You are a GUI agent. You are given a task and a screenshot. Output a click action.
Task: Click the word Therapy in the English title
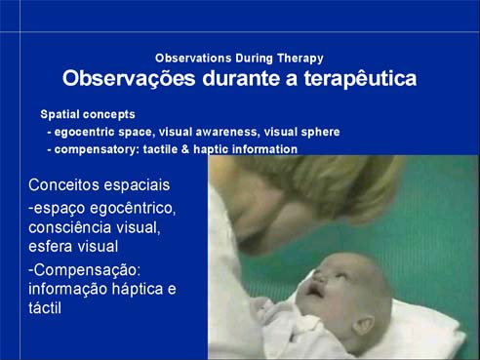coord(300,59)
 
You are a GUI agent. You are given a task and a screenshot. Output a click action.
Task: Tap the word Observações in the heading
coord(129,79)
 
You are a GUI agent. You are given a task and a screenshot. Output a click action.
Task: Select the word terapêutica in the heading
coord(360,79)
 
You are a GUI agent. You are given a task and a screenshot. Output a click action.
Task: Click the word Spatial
coord(60,114)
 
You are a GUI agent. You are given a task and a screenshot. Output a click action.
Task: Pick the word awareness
coord(227,132)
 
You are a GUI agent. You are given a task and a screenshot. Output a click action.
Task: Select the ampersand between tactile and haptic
coord(185,149)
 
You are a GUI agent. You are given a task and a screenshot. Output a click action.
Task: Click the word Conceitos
coord(59,184)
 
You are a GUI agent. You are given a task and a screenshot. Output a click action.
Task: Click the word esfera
coord(50,246)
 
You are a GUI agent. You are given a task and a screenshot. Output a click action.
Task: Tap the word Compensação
coord(87,270)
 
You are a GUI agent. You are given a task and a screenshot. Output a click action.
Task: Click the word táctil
coord(45,307)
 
